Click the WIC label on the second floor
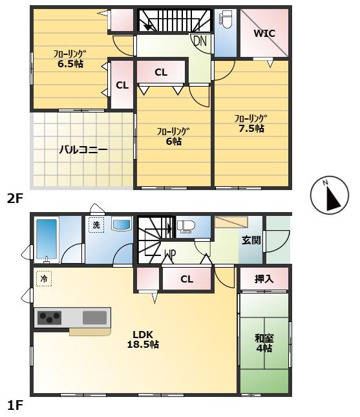tap(263, 33)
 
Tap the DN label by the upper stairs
tap(200, 40)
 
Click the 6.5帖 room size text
tap(69, 64)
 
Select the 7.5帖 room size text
tap(250, 128)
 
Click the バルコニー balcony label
tap(83, 149)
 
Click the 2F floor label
tap(16, 198)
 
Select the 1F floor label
tap(16, 405)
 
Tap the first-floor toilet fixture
tap(186, 226)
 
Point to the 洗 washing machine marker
tap(96, 225)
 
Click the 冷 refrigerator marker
tap(44, 279)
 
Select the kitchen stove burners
tap(49, 317)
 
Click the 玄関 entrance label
tap(251, 240)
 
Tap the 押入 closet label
tap(263, 279)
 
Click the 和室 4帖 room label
tap(263, 342)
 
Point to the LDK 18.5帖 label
tap(146, 339)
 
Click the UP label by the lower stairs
tap(170, 253)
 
